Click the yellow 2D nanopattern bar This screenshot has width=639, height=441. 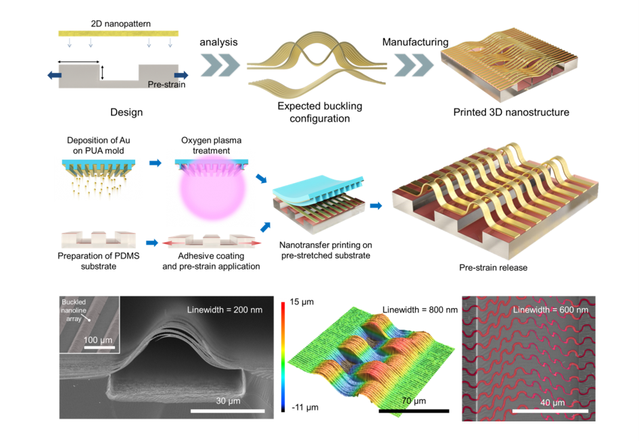[x=120, y=33]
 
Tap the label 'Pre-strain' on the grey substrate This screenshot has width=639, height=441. [x=166, y=84]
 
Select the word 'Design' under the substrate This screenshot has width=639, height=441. [x=126, y=112]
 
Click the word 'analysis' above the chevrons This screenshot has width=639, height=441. [x=218, y=42]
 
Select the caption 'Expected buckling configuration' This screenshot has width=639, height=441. [x=320, y=112]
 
